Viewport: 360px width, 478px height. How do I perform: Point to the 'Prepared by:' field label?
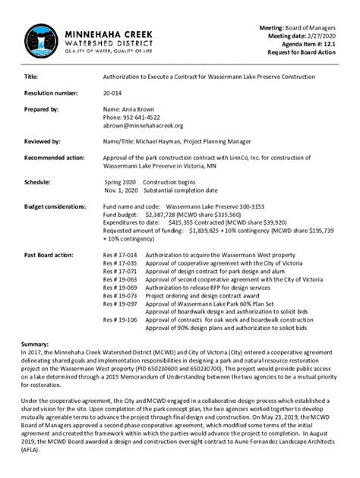42,109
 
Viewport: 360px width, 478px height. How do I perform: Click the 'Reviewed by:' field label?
43,142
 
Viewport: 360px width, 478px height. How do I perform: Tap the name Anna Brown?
138,109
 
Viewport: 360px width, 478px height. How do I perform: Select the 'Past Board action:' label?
49,255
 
